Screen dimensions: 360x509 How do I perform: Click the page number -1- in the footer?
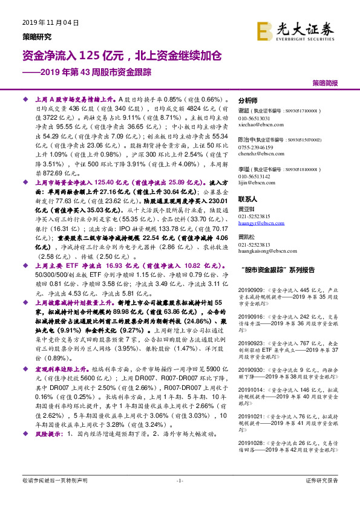click(179, 497)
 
